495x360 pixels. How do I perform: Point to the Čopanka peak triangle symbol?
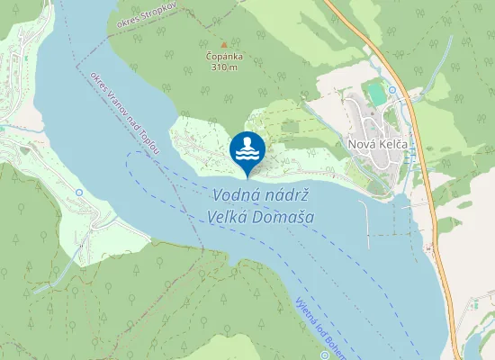click(x=224, y=44)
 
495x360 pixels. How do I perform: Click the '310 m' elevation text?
click(x=224, y=67)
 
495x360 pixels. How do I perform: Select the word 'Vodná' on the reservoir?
click(x=236, y=195)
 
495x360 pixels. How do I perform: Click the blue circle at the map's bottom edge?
click(x=325, y=355)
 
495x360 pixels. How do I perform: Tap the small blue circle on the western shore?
click(x=79, y=192)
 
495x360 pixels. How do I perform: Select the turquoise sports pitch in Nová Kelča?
click(x=375, y=94)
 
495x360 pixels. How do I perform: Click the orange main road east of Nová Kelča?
click(x=423, y=144)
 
